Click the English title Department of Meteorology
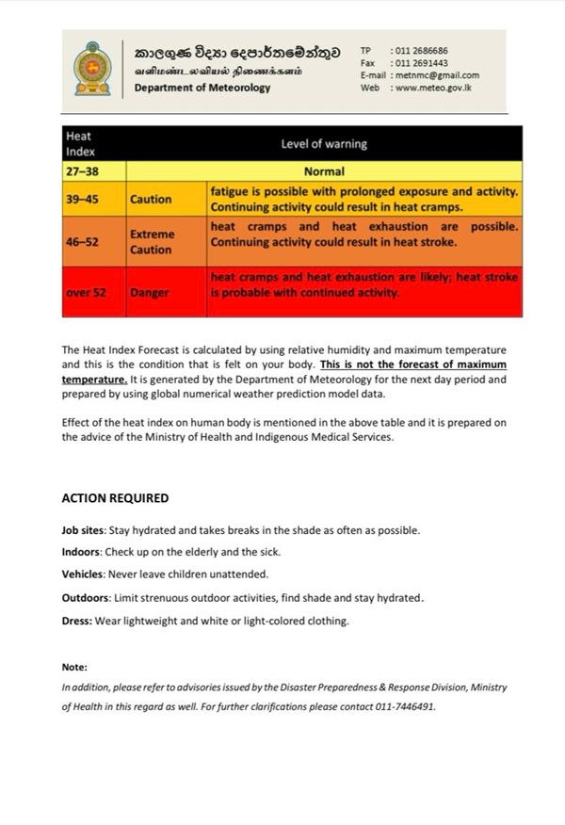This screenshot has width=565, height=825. pos(202,88)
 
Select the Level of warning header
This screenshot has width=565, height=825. pos(324,144)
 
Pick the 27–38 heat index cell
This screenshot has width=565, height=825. pos(83,172)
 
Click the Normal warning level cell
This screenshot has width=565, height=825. pos(324,172)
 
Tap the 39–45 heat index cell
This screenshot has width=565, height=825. pos(83,200)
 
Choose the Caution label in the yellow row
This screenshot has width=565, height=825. pos(151,200)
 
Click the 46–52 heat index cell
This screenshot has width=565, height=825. pos(83,242)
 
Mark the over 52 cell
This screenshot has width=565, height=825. pos(86,293)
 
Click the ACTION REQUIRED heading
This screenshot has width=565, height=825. pos(115,498)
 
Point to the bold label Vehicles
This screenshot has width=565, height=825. pos(84,574)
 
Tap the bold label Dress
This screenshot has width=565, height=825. pos(77,621)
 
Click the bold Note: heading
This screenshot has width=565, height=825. pos(74,667)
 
